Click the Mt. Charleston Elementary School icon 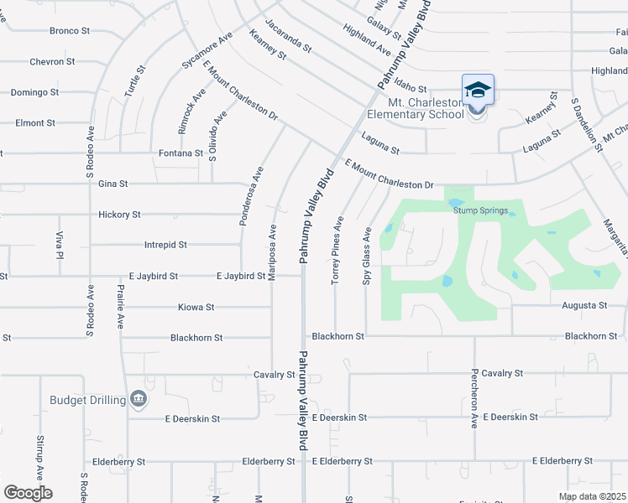click(x=478, y=89)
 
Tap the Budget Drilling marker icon click(x=139, y=399)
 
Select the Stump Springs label click(x=481, y=211)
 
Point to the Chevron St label click(x=53, y=61)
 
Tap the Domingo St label click(x=34, y=92)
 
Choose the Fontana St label click(x=181, y=153)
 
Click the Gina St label click(x=113, y=184)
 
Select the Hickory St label click(x=118, y=215)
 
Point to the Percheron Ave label click(x=474, y=397)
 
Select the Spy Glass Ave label click(x=367, y=255)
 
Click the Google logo click(x=28, y=493)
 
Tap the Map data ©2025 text click(x=591, y=495)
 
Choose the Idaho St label click(x=411, y=88)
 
